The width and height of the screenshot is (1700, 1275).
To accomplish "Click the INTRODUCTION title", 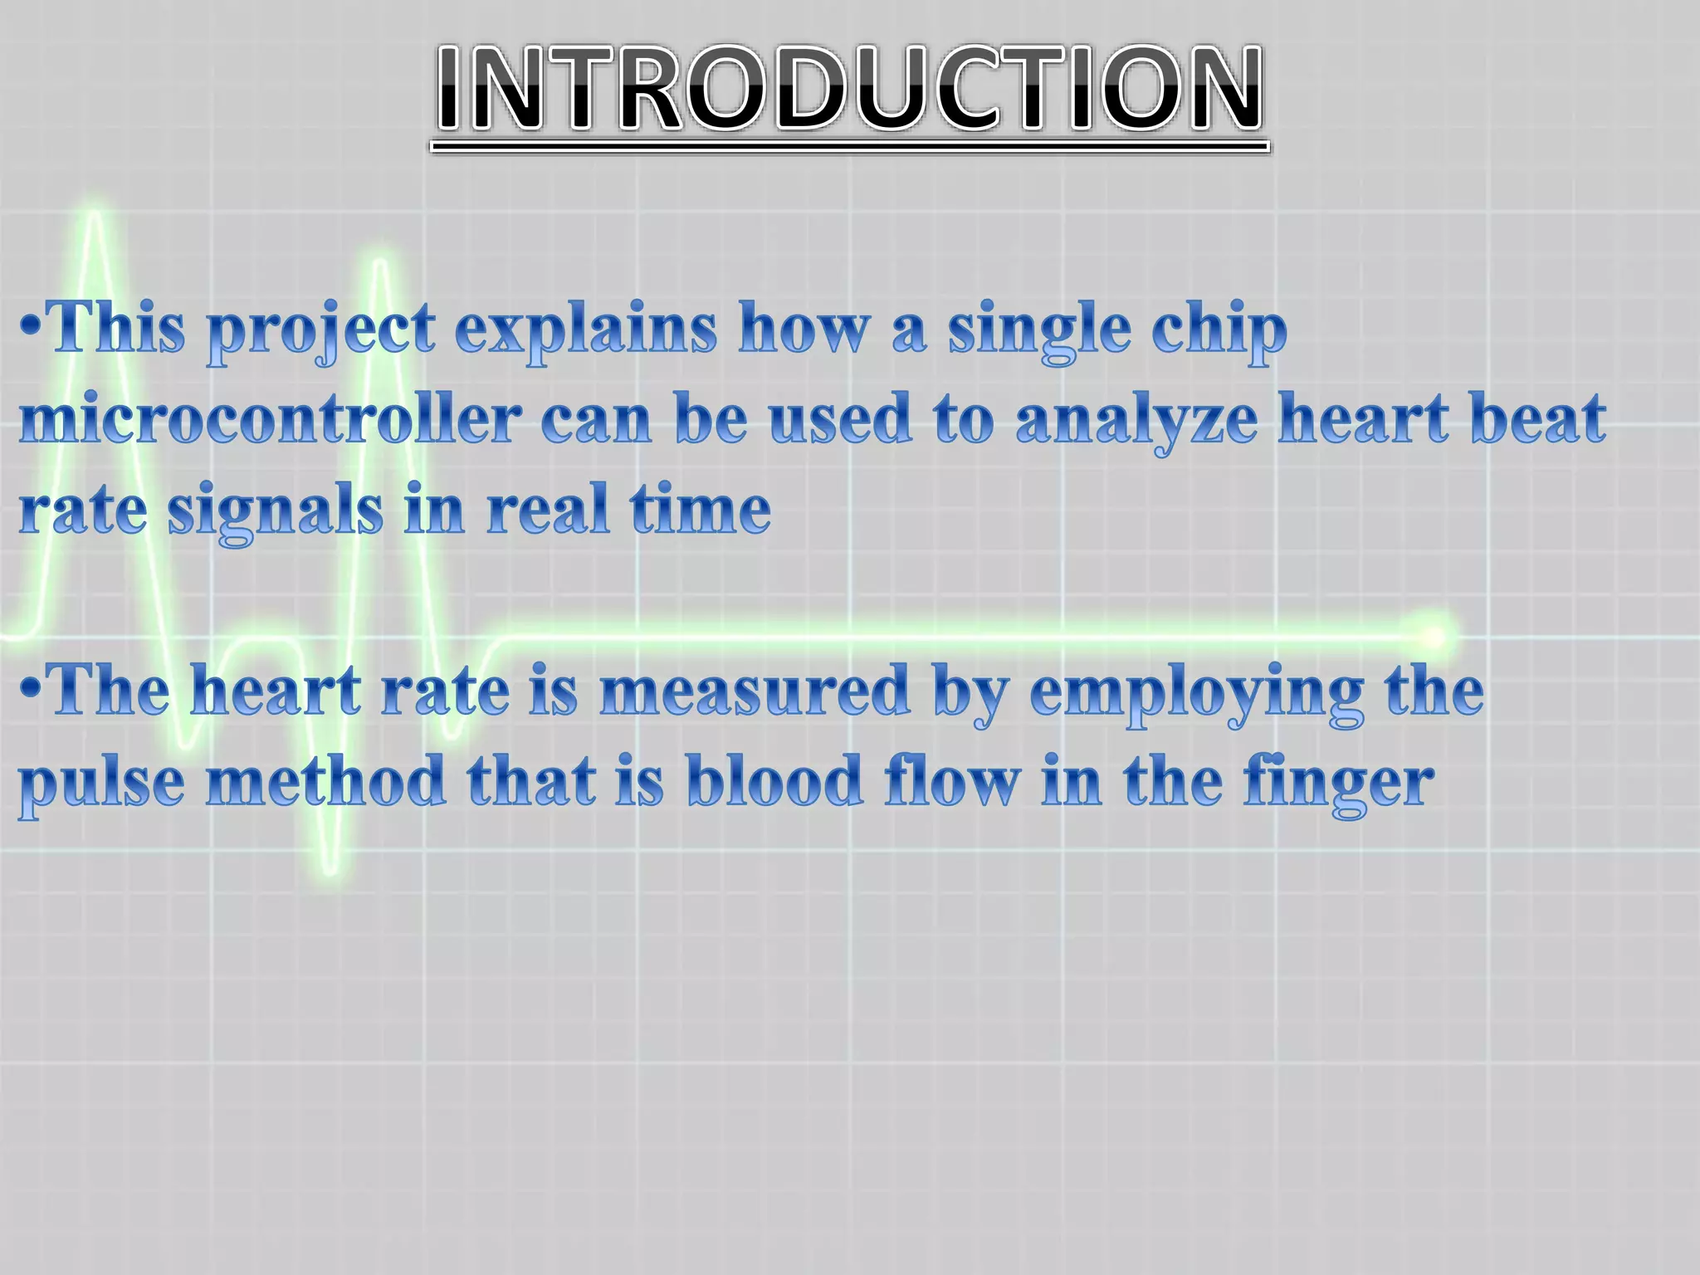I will click(850, 90).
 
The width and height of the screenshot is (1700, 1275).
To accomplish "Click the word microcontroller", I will click(271, 420).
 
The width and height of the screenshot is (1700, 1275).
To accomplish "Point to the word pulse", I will click(101, 784).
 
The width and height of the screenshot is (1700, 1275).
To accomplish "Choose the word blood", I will click(775, 782).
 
